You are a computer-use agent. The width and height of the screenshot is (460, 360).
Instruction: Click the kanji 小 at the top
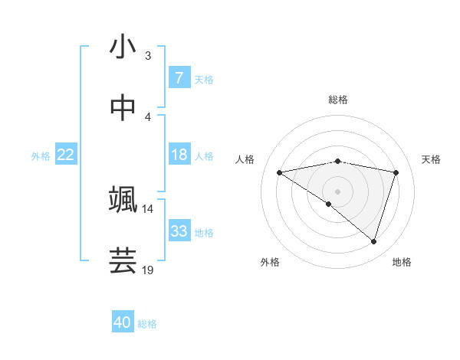pyautogui.click(x=123, y=47)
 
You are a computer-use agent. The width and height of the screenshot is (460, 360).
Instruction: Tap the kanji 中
pyautogui.click(x=123, y=108)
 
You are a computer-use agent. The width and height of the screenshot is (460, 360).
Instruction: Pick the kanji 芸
pyautogui.click(x=123, y=260)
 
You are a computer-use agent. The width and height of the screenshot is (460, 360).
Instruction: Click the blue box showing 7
pyautogui.click(x=179, y=78)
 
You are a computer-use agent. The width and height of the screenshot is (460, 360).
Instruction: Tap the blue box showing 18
pyautogui.click(x=179, y=155)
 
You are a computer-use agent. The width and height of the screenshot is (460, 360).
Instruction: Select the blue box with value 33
pyautogui.click(x=179, y=231)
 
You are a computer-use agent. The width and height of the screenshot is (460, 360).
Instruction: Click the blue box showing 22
pyautogui.click(x=66, y=155)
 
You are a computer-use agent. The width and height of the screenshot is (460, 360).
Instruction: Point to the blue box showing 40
pyautogui.click(x=123, y=322)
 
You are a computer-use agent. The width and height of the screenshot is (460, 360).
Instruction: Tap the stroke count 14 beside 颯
pyautogui.click(x=147, y=208)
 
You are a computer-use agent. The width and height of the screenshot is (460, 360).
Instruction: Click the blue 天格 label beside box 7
pyautogui.click(x=203, y=79)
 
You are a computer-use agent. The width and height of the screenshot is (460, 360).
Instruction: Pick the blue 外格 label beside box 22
pyautogui.click(x=41, y=155)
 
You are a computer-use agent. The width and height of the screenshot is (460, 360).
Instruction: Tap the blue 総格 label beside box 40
pyautogui.click(x=147, y=323)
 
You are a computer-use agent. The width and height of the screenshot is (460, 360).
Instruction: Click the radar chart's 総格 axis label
pyautogui.click(x=337, y=100)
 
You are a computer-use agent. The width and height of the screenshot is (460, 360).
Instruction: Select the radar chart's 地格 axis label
pyautogui.click(x=402, y=262)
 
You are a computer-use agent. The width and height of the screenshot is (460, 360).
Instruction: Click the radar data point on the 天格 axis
pyautogui.click(x=396, y=172)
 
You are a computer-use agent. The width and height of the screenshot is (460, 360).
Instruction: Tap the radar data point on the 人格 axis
pyautogui.click(x=279, y=172)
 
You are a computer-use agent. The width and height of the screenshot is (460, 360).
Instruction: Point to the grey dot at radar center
pyautogui.click(x=337, y=191)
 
